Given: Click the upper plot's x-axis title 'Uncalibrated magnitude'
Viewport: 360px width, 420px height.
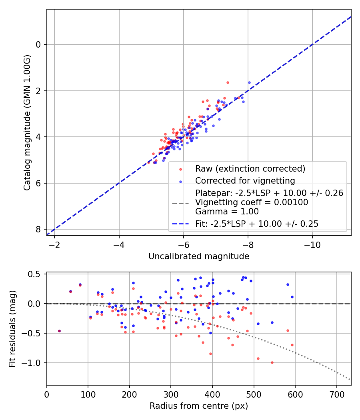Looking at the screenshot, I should tap(199, 256).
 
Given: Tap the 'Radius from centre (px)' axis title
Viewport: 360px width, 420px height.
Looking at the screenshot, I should tap(199, 406).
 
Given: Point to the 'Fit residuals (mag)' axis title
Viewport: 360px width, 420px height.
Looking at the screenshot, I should tap(12, 329).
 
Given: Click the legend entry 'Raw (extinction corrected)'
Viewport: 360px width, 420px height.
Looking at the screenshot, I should tap(250, 169).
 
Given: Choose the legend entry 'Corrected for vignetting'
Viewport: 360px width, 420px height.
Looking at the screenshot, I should tap(245, 180).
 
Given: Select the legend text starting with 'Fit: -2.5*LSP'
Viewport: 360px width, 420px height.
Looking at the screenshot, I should tap(257, 224).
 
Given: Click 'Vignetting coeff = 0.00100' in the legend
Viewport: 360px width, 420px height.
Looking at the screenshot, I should tap(252, 202).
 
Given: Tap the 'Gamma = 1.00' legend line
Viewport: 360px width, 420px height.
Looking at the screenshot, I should tap(227, 212).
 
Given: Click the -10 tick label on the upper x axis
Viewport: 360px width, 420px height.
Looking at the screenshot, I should tap(312, 245).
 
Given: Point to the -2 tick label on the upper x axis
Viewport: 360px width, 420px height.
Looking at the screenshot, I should tap(54, 245).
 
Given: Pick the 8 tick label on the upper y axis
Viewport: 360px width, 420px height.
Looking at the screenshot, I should tap(38, 229).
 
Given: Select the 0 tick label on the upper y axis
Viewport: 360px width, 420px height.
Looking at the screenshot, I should tap(38, 44).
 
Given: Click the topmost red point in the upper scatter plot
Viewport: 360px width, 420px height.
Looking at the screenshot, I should tap(228, 82).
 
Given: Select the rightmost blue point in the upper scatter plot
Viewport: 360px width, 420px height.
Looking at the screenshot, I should tap(249, 82).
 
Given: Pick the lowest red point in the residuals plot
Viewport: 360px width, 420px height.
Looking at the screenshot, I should tap(272, 362).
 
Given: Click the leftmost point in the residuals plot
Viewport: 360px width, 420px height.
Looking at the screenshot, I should tap(59, 331).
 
